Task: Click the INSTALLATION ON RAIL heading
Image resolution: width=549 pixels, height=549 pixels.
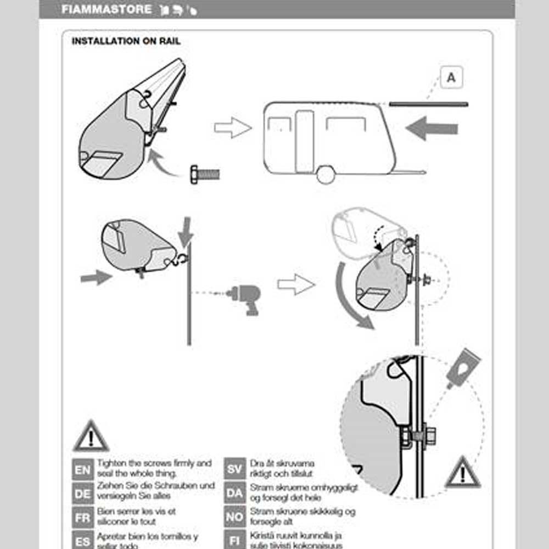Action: (126, 41)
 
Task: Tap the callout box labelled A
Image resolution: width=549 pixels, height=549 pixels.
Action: (451, 77)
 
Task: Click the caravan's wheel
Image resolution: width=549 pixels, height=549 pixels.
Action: (326, 175)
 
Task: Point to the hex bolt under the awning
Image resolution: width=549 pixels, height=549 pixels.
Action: (204, 174)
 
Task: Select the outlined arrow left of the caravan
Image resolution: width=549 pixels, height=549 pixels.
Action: (232, 128)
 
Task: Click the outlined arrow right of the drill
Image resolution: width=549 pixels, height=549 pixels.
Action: (296, 284)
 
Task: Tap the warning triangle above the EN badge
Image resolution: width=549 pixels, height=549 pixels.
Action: (91, 437)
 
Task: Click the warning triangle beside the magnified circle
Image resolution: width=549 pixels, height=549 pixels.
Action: (463, 473)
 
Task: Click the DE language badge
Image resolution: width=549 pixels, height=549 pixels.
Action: (82, 493)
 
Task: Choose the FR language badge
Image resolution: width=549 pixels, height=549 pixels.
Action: (82, 517)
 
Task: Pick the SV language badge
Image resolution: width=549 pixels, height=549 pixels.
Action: (234, 469)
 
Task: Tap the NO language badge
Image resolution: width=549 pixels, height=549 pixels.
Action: (234, 517)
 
